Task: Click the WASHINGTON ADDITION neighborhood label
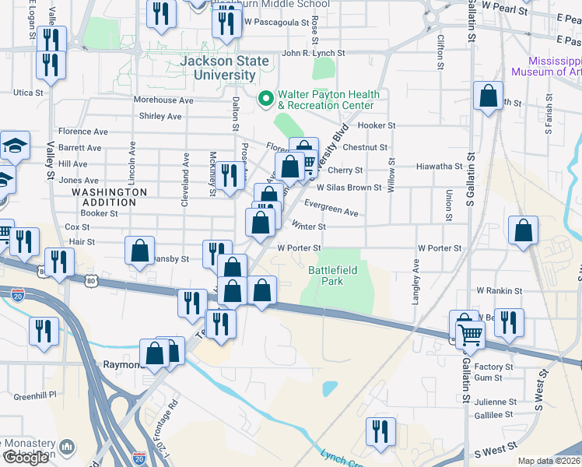(x=109, y=197)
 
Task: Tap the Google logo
(x=26, y=457)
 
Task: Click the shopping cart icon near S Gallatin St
(x=470, y=335)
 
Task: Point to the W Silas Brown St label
(x=349, y=188)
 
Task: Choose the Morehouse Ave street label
(x=163, y=100)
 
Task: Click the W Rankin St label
(x=500, y=290)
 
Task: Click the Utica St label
(x=28, y=92)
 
